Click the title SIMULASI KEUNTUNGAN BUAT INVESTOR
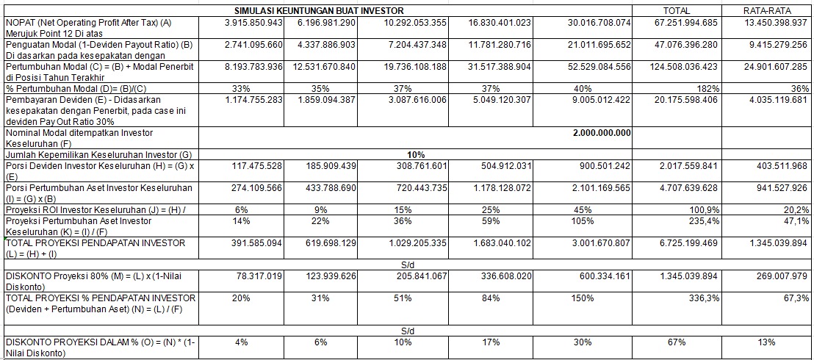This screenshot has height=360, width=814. tap(319, 11)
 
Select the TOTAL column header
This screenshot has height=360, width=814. tap(676, 11)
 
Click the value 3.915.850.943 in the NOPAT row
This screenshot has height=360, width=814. tap(254, 23)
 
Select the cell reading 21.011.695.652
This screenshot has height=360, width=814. tap(599, 45)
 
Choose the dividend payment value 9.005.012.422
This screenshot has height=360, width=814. tap(599, 99)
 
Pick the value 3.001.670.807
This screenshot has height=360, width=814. tap(599, 242)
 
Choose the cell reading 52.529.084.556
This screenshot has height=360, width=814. tap(599, 67)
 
